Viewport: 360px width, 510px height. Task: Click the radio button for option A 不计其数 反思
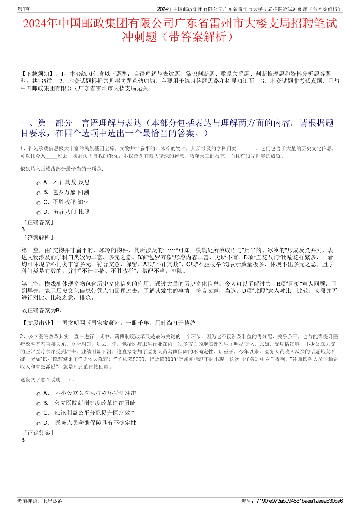coord(38,183)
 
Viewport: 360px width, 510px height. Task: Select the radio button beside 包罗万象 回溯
coord(38,193)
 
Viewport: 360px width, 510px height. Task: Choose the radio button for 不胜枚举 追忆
coord(38,203)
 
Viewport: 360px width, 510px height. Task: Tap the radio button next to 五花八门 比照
coord(38,213)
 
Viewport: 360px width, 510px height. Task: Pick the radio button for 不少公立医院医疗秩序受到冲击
coord(38,394)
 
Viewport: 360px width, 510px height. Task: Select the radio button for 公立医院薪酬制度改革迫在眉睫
coord(38,404)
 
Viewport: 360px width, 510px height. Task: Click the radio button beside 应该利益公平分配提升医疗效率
coord(38,414)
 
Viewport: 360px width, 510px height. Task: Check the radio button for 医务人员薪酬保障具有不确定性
coord(38,424)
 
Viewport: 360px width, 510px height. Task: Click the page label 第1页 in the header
coord(24,9)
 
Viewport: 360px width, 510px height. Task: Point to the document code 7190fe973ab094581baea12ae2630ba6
coord(299,501)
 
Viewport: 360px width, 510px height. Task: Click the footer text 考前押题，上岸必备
coord(40,501)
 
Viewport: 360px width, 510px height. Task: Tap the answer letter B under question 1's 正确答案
coord(23,229)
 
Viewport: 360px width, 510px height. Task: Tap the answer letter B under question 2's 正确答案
coord(23,440)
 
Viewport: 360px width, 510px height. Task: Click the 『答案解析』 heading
coord(38,238)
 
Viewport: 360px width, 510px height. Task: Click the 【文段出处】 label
coord(38,323)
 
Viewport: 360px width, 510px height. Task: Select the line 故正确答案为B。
coord(42,311)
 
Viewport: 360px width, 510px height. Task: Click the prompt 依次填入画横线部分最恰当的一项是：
coord(62,169)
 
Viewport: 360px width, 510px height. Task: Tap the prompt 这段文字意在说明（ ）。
coord(48,380)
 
